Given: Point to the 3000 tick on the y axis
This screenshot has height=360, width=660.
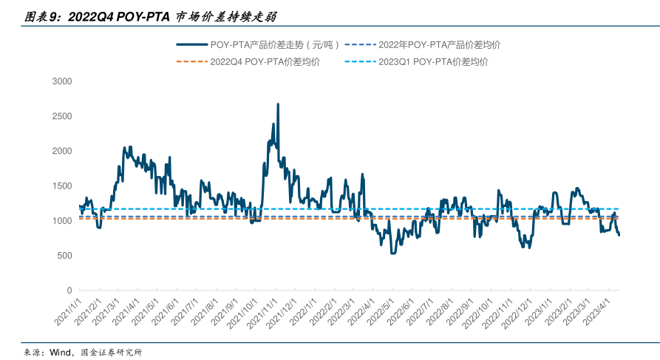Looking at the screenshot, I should click(x=62, y=81).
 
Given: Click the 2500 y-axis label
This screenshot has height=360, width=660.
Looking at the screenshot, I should click(x=62, y=116).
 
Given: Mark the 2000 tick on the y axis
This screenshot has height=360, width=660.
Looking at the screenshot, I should click(x=62, y=151).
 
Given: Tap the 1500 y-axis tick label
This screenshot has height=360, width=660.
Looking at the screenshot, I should click(x=62, y=186).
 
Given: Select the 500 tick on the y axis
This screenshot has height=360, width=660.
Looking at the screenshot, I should click(x=64, y=256).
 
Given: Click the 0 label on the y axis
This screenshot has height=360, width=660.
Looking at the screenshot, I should click(x=69, y=291).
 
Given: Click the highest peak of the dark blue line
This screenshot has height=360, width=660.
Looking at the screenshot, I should click(x=278, y=104).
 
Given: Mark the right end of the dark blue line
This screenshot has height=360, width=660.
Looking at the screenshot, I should click(x=619, y=235).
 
